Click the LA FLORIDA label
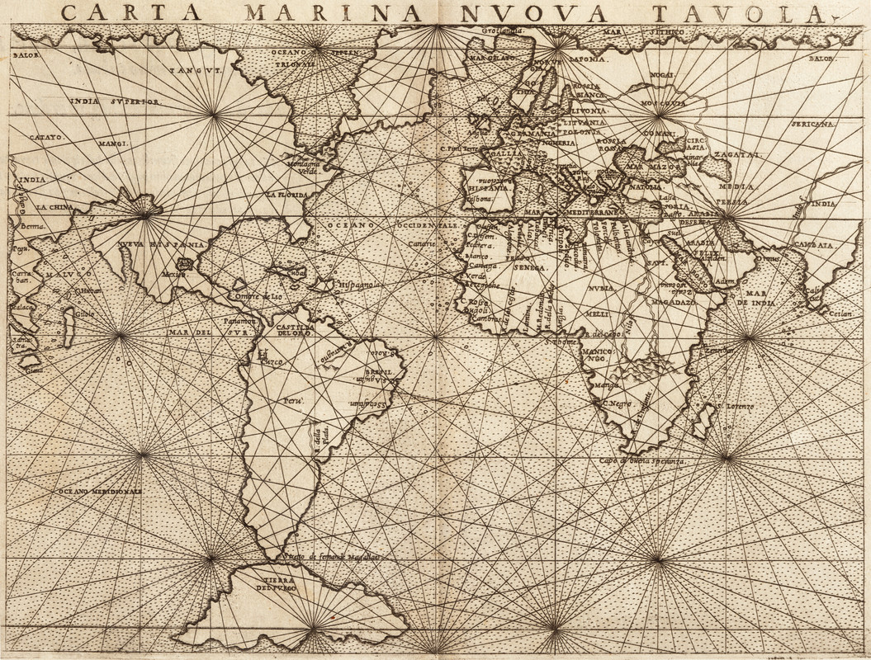tap(286, 195)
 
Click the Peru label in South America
tap(295, 400)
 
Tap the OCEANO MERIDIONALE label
tap(99, 491)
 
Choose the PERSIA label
tap(731, 201)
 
